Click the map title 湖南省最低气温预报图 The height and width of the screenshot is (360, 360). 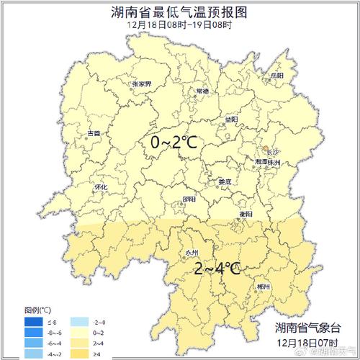[x=180, y=12]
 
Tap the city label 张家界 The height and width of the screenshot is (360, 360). [x=142, y=84]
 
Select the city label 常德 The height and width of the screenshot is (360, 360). [x=202, y=91]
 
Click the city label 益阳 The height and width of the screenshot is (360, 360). [x=230, y=119]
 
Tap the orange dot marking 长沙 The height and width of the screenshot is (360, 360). [x=266, y=148]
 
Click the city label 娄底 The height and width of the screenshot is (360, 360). [x=225, y=181]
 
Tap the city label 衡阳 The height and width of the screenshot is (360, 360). [x=246, y=214]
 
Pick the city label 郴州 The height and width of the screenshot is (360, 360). [x=264, y=287]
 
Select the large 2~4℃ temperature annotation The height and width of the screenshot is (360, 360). [x=217, y=269]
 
